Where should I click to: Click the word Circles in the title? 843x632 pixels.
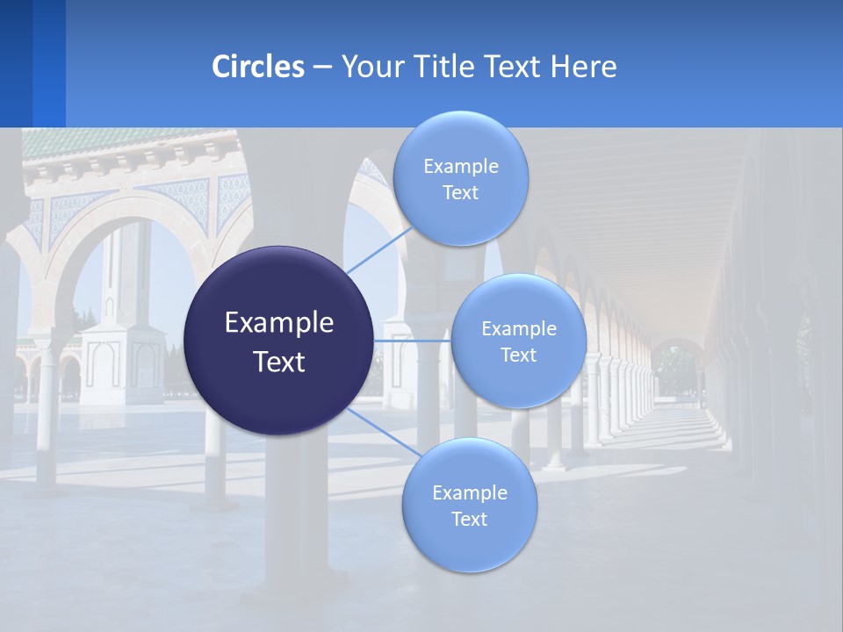pyautogui.click(x=258, y=67)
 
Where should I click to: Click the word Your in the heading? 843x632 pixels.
pyautogui.click(x=372, y=67)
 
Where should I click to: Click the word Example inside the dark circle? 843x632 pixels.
pyautogui.click(x=279, y=323)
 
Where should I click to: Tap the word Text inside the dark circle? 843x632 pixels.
pyautogui.click(x=279, y=362)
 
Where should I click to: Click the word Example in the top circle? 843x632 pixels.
pyautogui.click(x=461, y=167)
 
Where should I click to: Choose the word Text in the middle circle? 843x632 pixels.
pyautogui.click(x=518, y=355)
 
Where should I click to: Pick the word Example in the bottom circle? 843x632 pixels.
pyautogui.click(x=470, y=493)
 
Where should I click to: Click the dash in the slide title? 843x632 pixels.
pyautogui.click(x=322, y=67)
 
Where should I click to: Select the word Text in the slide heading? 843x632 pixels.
pyautogui.click(x=516, y=67)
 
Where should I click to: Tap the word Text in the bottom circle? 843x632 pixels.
pyautogui.click(x=469, y=520)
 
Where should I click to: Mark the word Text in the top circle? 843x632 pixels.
pyautogui.click(x=460, y=193)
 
